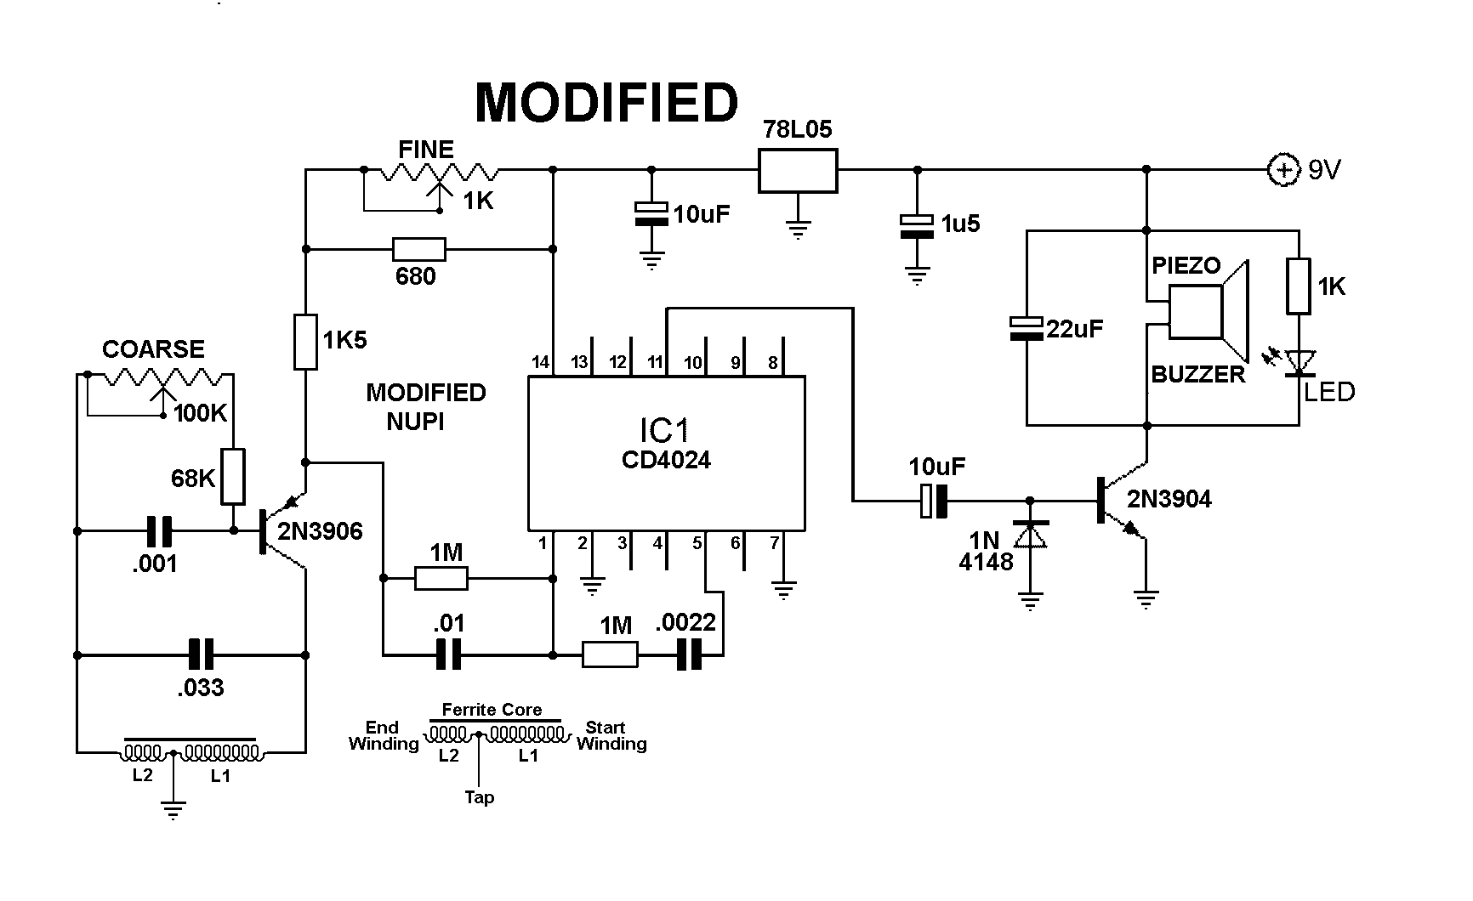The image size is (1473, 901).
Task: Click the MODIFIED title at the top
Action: pos(606,104)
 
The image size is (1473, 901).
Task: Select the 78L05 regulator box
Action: pos(797,170)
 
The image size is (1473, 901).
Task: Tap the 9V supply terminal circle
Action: pos(1282,170)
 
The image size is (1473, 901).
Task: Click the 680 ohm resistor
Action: pos(418,249)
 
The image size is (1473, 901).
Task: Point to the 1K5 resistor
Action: pos(305,342)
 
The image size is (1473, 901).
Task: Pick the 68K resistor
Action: pos(233,477)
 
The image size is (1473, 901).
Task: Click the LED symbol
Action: pos(1300,363)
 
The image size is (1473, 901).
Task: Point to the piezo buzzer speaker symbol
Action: pos(1208,312)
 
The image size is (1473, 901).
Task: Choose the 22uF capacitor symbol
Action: pos(1026,328)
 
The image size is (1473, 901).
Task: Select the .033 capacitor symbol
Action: pos(201,655)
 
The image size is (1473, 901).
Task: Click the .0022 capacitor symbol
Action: pos(690,655)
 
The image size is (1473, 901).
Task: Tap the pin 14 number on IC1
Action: pos(540,362)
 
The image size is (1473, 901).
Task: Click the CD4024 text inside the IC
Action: pos(666,460)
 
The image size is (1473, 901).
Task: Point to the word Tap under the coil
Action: pos(479,797)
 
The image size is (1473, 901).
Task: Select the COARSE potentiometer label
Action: pos(153,349)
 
